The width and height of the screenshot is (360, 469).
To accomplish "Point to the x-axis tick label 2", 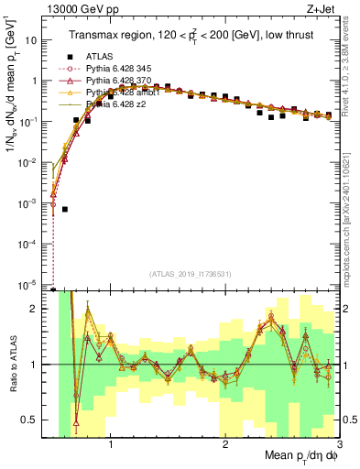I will [x=225, y=445].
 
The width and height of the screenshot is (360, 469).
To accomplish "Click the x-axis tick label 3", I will [x=339, y=445].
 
